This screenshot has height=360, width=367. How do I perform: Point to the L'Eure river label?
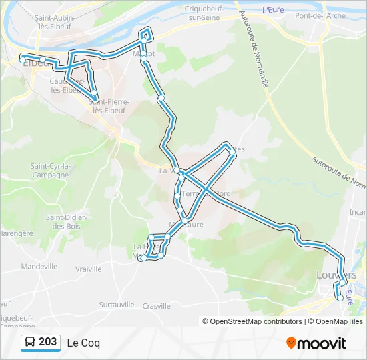point(273,10)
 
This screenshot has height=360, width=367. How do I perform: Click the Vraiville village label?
point(88,269)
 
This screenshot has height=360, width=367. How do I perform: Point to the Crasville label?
point(157,306)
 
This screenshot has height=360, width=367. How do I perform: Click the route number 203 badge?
point(47,342)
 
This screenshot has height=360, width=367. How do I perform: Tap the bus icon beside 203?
point(30,343)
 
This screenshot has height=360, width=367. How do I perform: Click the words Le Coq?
point(83,343)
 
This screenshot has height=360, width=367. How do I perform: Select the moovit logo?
point(316,343)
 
